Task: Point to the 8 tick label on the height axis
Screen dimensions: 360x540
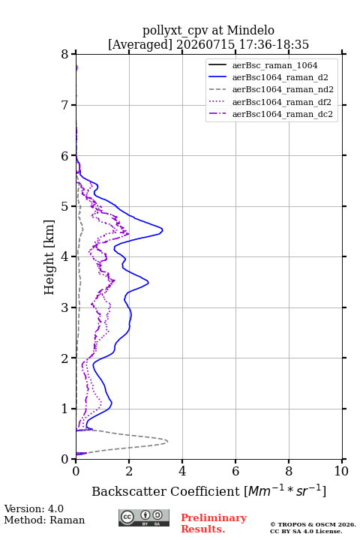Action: click(65, 54)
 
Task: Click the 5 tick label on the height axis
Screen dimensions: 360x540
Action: click(65, 206)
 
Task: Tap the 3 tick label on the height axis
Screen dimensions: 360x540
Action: click(65, 307)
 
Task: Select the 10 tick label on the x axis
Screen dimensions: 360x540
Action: click(341, 471)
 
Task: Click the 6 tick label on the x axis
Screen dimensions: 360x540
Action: click(235, 471)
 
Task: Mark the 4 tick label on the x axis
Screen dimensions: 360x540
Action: click(182, 471)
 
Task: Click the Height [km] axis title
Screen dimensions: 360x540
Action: click(49, 257)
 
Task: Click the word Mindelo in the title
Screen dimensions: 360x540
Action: click(250, 31)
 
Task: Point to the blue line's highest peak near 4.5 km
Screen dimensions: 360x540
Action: click(163, 229)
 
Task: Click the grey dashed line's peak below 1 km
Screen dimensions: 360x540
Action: click(168, 441)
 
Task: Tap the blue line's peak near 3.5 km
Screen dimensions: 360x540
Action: click(148, 283)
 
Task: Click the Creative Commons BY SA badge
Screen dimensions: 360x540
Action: click(144, 518)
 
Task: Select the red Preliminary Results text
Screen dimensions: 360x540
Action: click(214, 523)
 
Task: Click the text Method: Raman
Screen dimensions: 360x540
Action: click(44, 520)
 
